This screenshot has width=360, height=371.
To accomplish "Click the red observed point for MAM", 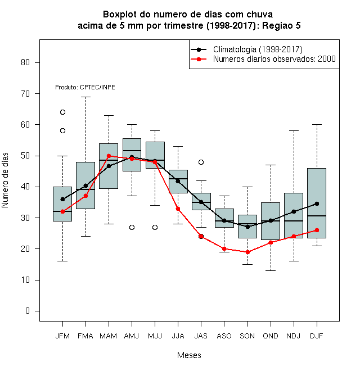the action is tap(109, 156).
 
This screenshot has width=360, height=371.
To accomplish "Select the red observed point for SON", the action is tap(247, 252).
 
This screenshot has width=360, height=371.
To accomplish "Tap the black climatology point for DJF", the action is tap(317, 203).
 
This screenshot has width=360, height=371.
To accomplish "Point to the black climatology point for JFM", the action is tap(62, 199).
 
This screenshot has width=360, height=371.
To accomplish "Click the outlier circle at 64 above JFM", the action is tap(62, 112).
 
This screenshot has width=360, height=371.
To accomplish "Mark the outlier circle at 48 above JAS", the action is tap(201, 162).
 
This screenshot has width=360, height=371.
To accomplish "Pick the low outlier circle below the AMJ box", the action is tap(132, 228).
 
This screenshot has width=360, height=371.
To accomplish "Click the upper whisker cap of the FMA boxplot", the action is tap(85, 97).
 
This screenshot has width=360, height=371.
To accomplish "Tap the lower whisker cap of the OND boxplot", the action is tap(271, 270).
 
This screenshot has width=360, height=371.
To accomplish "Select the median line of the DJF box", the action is tap(317, 216).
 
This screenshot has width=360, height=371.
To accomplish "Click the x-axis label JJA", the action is tap(178, 336).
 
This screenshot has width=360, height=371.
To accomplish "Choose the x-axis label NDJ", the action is tap(294, 336).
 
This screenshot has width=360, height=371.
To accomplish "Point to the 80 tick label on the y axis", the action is tap(25, 62).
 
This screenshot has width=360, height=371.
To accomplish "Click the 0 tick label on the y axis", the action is tap(28, 311).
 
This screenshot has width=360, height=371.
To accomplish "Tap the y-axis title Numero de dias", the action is tap(5, 180).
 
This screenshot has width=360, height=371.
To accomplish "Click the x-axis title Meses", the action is tap(189, 355).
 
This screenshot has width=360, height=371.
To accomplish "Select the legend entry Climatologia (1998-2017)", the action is tap(258, 49).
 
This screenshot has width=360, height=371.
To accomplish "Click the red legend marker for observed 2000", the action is tap(199, 59).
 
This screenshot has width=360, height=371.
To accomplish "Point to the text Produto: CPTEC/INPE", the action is tap(85, 87).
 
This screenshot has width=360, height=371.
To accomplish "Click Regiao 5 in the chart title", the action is tap(281, 25).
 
